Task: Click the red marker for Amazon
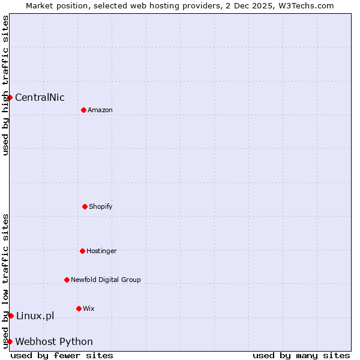[x=83, y=110]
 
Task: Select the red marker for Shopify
[x=85, y=206]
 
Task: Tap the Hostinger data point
[x=82, y=251]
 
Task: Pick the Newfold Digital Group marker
[x=67, y=280]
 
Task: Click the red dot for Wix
[x=79, y=308]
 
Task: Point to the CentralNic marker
[x=10, y=97]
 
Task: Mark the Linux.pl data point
[x=11, y=316]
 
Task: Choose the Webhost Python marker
[x=10, y=341]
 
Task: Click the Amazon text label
[x=100, y=110]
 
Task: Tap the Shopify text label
[x=101, y=206]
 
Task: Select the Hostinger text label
[x=101, y=251]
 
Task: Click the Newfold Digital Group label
[x=106, y=280]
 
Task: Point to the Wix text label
[x=89, y=308]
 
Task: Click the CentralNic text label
[x=40, y=98]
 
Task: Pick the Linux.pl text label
[x=35, y=316]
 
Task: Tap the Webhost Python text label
[x=54, y=342]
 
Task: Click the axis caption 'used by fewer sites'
[x=62, y=355]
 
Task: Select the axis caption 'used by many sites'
[x=301, y=355]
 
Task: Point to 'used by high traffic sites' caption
[x=5, y=85]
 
